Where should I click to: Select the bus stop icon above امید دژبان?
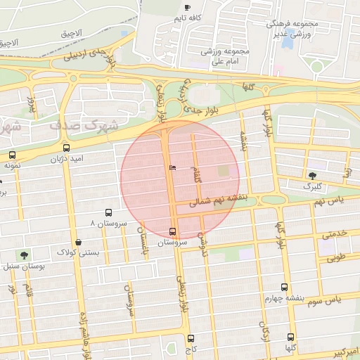[x=66, y=148]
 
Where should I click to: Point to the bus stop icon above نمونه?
[x=12, y=155]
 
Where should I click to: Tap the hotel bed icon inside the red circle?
[x=173, y=168]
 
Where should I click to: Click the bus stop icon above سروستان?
[x=173, y=231]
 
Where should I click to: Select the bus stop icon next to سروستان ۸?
[x=108, y=212]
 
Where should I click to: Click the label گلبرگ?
[x=311, y=187]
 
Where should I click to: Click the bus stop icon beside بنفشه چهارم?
[x=284, y=287]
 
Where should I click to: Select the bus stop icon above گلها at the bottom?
[x=290, y=337]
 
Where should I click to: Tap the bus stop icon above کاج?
[x=191, y=337]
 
